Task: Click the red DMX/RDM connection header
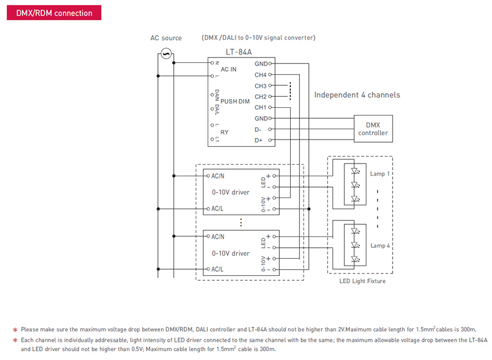tap(54, 13)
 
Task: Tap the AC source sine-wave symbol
tap(166, 54)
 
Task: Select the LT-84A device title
tap(239, 52)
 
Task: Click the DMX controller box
tap(373, 129)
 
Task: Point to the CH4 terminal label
tap(260, 75)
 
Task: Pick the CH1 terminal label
tap(260, 107)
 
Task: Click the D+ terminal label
tap(259, 140)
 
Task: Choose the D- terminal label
tap(258, 130)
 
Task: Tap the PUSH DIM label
tap(235, 101)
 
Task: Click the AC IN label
tap(229, 69)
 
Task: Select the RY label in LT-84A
tap(224, 132)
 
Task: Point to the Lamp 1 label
tap(380, 174)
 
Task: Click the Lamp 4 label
tap(380, 246)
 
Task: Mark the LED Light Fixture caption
tap(362, 281)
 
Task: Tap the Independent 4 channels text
tap(357, 95)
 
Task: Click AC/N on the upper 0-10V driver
tap(218, 176)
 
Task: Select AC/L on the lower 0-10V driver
tap(217, 269)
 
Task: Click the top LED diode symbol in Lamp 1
tap(355, 171)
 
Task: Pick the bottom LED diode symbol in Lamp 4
tap(355, 259)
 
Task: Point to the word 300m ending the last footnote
tap(268, 349)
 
